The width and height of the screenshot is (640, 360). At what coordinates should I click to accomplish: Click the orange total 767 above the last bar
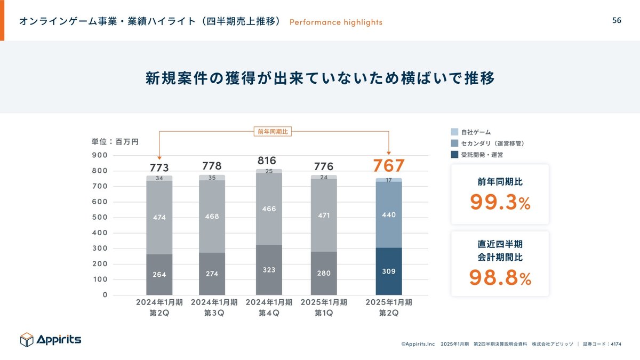coord(388,166)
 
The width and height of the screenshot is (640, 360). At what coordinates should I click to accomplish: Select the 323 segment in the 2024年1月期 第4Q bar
coord(269,270)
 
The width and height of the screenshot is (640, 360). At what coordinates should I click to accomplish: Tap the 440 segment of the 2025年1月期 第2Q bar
coord(389,214)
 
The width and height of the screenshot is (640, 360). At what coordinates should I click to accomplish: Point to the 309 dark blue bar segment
coord(389,271)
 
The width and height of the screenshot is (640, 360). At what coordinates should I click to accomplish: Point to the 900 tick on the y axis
coord(101,155)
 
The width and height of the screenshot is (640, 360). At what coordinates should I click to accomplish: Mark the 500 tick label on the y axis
coord(101,217)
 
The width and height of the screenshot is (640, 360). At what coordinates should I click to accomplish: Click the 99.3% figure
coord(500,202)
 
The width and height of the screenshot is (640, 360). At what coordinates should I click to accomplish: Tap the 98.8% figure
coord(500,277)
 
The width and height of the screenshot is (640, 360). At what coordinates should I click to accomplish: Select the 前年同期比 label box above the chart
coord(272,132)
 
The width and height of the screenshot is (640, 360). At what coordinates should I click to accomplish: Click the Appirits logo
coord(51,339)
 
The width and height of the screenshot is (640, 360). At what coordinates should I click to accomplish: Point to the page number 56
coord(617,21)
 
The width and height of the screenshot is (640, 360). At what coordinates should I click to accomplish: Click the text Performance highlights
coord(336,22)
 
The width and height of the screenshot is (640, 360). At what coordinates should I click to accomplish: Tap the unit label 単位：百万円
coord(115,142)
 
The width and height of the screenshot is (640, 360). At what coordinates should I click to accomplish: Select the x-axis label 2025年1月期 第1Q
coord(324,308)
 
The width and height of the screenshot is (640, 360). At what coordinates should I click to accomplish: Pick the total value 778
coord(212,166)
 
